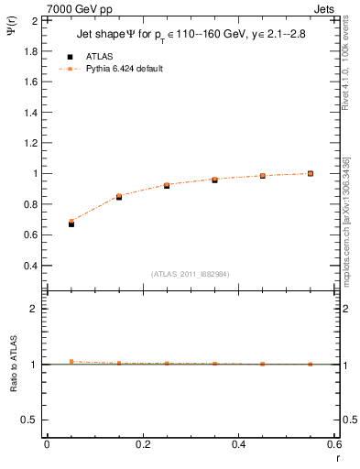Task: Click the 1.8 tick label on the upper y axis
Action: pyautogui.click(x=29, y=50)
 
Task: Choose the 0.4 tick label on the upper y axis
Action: pyautogui.click(x=29, y=266)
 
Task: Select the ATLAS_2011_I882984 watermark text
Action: pyautogui.click(x=191, y=273)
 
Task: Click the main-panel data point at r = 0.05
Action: pyautogui.click(x=71, y=224)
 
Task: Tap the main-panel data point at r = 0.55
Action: pyautogui.click(x=311, y=173)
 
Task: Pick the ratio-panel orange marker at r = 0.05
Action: pyautogui.click(x=71, y=362)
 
